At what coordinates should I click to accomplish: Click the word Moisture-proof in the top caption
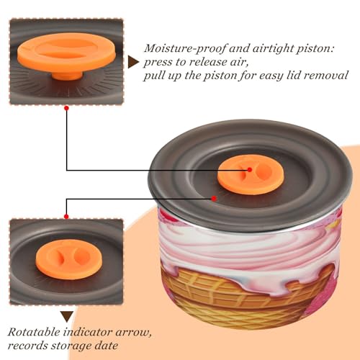(185, 49)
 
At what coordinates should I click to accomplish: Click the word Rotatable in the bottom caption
(34, 332)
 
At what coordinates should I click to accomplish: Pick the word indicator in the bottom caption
(88, 332)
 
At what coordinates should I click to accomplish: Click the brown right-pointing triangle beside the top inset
(133, 62)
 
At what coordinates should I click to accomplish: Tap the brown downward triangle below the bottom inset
(67, 317)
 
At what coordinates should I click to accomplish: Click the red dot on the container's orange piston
(250, 170)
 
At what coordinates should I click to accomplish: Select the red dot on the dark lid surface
(214, 199)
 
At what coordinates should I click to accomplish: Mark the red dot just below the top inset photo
(67, 108)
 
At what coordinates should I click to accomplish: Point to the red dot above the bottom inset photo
(66, 217)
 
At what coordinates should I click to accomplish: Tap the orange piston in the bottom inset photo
(69, 259)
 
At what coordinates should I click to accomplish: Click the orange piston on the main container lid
(251, 174)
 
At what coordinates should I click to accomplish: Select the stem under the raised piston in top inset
(67, 76)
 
